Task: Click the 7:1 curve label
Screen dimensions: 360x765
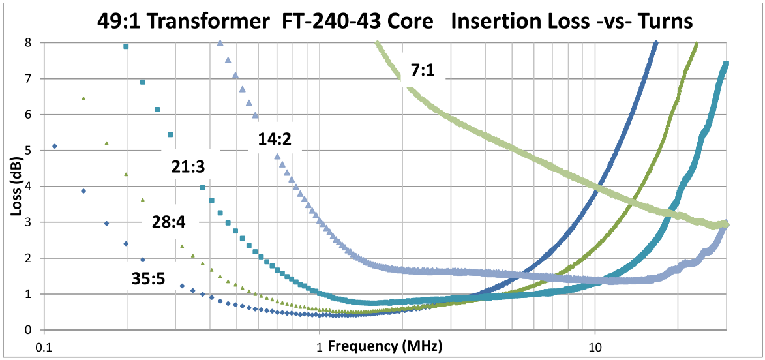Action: tap(423, 71)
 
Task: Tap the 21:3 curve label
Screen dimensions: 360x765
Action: tap(189, 168)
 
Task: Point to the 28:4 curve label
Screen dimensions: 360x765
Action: tap(169, 222)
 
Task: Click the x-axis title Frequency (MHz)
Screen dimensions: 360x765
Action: tap(385, 345)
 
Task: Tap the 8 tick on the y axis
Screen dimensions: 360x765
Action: tap(28, 43)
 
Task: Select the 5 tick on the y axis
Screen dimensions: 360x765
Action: tap(28, 151)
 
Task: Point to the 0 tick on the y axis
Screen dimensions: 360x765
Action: tap(28, 330)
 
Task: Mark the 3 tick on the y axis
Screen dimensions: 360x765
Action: tap(28, 222)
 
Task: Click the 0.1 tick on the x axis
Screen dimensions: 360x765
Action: tap(44, 346)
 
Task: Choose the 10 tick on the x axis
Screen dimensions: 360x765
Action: tap(595, 346)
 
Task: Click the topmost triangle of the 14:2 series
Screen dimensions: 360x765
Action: tap(220, 43)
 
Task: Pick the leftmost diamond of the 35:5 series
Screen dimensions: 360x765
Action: tap(55, 146)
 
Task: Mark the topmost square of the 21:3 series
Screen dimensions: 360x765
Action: tap(126, 46)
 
